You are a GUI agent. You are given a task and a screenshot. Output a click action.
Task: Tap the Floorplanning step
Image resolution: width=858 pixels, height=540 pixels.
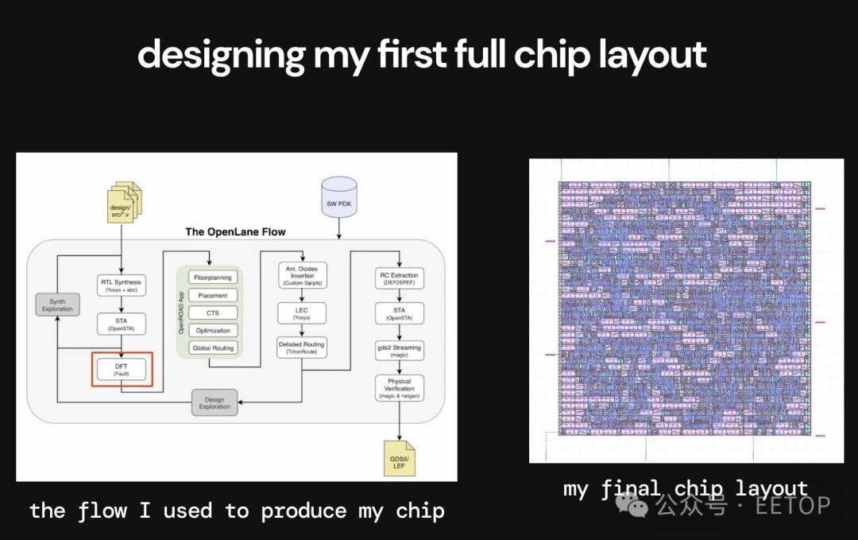point(212,278)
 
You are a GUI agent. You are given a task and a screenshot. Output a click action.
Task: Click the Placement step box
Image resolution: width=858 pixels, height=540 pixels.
point(212,295)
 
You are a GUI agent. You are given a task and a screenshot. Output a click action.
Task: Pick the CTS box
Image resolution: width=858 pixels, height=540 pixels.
point(212,313)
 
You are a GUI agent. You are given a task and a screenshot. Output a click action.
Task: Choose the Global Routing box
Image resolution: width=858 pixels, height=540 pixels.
point(212,348)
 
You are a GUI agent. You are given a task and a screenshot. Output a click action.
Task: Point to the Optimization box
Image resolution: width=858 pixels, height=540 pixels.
point(212,330)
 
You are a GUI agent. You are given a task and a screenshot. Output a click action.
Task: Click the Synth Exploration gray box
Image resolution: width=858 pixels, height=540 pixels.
point(57,305)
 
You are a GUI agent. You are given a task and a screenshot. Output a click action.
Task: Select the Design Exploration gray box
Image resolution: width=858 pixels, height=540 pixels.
point(214,402)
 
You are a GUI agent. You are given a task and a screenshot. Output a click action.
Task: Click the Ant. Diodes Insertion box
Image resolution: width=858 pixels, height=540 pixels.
point(302,275)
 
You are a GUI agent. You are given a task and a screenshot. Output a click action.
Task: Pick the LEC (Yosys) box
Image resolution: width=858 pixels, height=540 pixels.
point(302,313)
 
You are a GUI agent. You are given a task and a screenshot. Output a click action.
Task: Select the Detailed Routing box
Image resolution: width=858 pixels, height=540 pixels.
point(302,348)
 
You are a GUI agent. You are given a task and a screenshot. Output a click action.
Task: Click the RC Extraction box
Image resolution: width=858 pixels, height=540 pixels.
point(399,278)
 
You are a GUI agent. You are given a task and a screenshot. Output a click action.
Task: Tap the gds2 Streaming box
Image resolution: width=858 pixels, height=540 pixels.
point(399,351)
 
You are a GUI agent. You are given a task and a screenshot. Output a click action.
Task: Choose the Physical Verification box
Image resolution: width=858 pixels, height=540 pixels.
point(399,388)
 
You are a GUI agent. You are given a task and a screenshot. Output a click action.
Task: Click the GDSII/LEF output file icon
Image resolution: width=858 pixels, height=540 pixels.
point(399,460)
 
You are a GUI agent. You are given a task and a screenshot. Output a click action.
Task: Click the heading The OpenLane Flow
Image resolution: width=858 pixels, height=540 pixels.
point(235,231)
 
